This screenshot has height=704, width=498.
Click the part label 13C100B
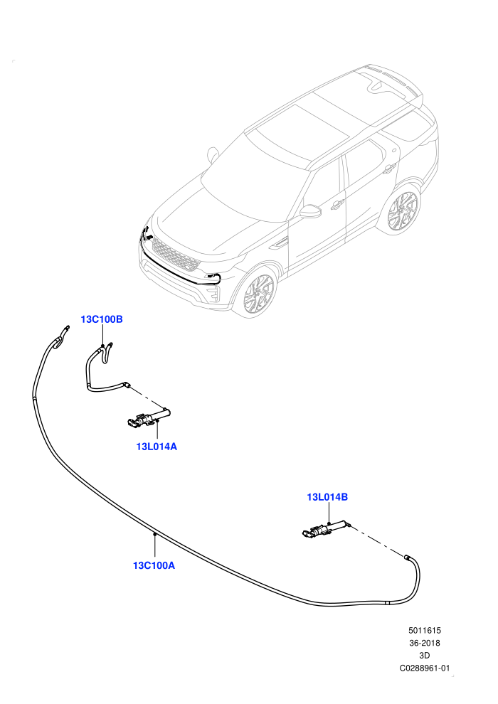pos(102,319)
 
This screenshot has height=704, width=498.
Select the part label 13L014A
pos(157,447)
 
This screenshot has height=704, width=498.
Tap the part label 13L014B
pos(327,497)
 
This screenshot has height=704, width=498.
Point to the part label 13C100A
pos(154,565)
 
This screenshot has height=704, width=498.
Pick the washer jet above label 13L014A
pos(147,418)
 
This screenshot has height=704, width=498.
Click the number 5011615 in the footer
pos(424,630)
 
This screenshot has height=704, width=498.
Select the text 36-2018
pos(424,643)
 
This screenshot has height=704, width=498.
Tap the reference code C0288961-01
pos(424,668)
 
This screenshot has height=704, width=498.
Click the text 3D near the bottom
pos(424,656)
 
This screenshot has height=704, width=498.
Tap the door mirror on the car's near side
pos(310,212)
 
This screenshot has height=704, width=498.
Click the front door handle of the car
pos(336,206)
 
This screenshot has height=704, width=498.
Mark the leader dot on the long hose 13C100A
pos(154,534)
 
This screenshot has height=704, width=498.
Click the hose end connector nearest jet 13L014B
pos(407,557)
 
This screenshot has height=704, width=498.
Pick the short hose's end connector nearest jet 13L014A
pos(127,385)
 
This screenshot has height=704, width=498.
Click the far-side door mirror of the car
pos(212,154)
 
